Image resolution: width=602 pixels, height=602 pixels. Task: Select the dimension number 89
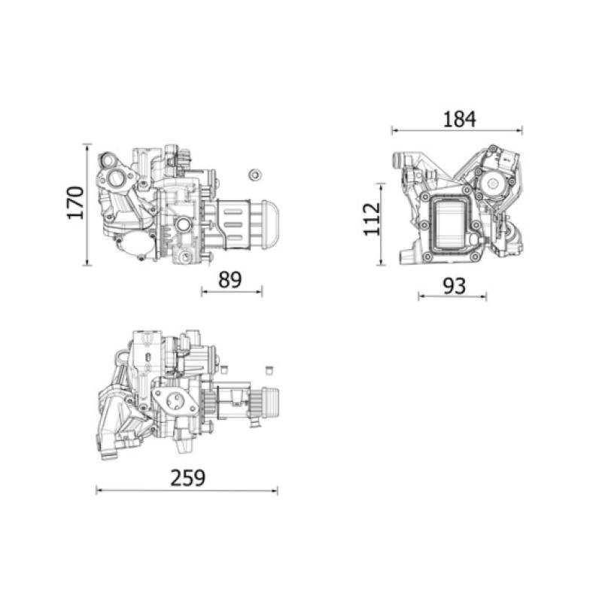pyautogui.click(x=230, y=280)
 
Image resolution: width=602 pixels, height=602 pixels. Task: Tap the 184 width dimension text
pyautogui.click(x=458, y=118)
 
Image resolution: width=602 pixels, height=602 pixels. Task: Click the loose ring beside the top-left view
pyautogui.click(x=254, y=175)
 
